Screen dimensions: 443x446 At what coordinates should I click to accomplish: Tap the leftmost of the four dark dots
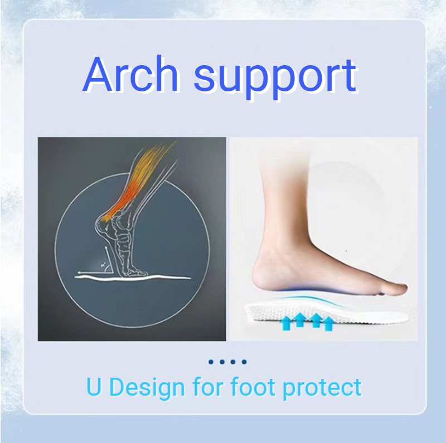pyautogui.click(x=211, y=362)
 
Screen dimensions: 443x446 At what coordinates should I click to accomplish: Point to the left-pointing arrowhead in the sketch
pyautogui.click(x=80, y=274)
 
